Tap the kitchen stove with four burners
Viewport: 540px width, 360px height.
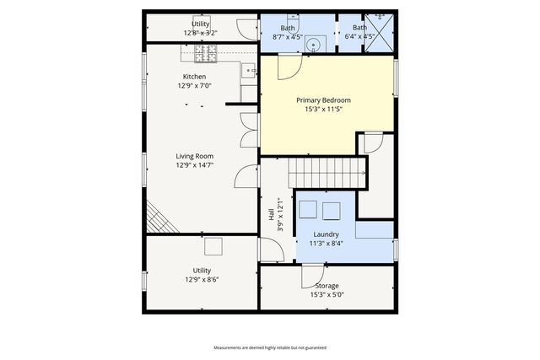[x=207, y=55]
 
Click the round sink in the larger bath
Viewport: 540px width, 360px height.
[x=312, y=46]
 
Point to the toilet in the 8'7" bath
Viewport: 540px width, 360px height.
[x=291, y=18]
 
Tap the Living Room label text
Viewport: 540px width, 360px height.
[x=194, y=156]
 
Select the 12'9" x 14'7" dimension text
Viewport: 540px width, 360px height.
[x=194, y=165]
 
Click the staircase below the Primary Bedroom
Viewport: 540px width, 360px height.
[x=329, y=174]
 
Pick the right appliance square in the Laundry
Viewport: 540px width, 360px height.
[x=329, y=209]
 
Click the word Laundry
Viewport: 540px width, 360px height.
[x=326, y=234]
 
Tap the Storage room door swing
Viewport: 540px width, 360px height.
[x=312, y=275]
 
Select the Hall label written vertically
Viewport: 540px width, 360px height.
[x=272, y=215]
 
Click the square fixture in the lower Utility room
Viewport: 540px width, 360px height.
[x=213, y=246]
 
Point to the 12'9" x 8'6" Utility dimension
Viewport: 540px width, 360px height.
[x=202, y=280]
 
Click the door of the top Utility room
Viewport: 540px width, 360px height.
[x=246, y=29]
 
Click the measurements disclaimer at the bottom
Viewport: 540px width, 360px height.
[x=269, y=347]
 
